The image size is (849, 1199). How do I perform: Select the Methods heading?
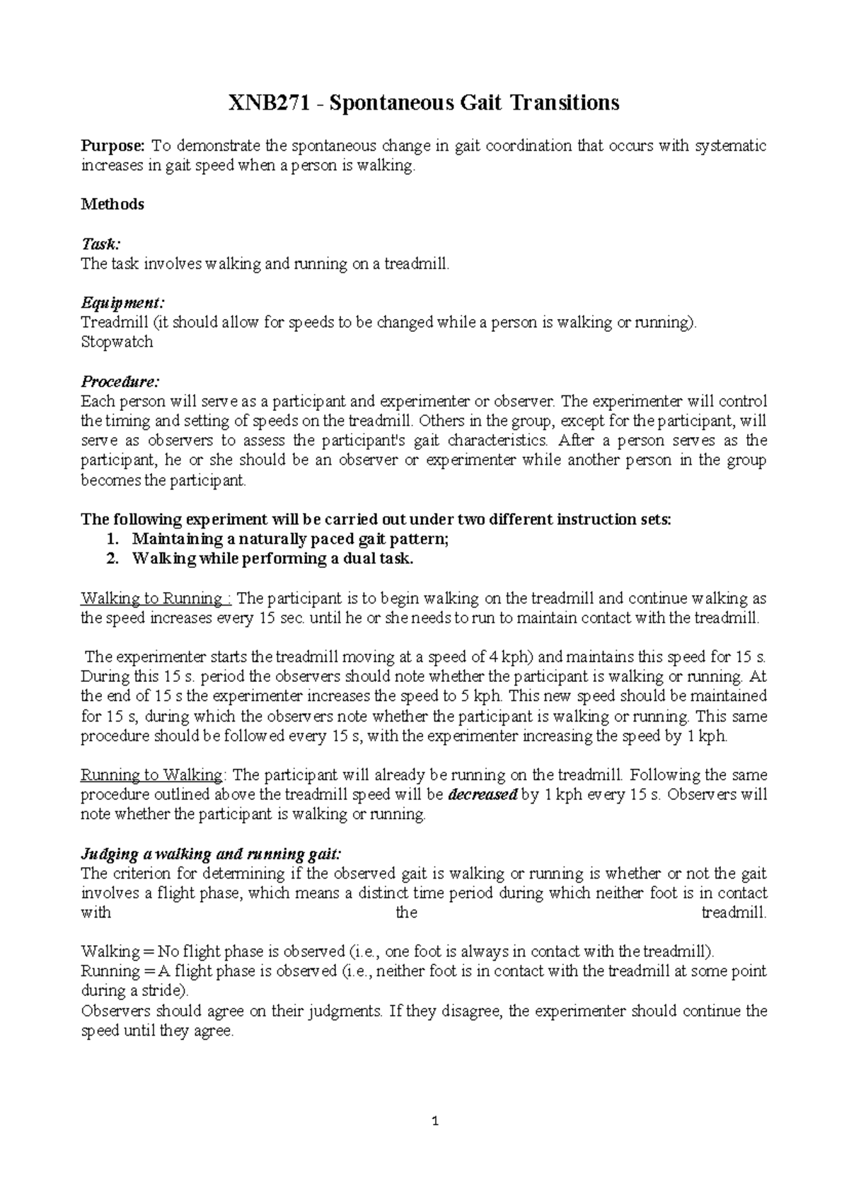point(112,204)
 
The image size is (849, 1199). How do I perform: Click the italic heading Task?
point(100,244)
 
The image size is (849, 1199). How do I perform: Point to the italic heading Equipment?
point(122,303)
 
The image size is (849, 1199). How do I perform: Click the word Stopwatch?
point(117,342)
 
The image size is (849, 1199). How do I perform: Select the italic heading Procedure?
point(120,382)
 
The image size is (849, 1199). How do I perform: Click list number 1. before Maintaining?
point(112,539)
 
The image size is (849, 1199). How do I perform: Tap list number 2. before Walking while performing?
point(112,559)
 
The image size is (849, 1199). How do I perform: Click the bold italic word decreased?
point(483,795)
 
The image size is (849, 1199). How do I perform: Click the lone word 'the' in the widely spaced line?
point(406,913)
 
